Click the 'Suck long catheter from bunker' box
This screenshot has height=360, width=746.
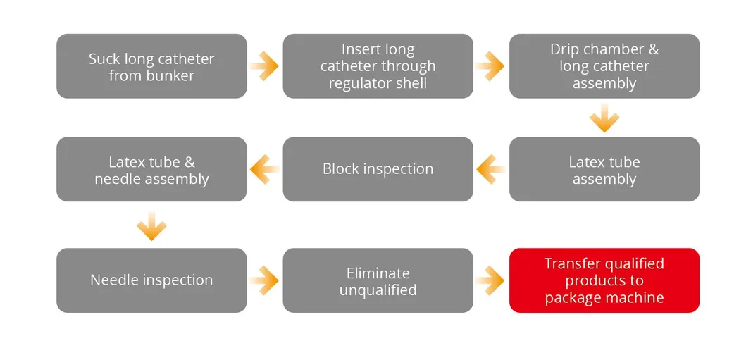point(151,66)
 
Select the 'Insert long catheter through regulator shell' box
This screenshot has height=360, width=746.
point(378,66)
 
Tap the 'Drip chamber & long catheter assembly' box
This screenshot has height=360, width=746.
point(604,66)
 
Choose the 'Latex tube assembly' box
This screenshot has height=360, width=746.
point(604,169)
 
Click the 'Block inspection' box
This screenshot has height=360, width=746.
point(378,169)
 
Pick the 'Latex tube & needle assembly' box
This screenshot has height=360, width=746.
point(151,169)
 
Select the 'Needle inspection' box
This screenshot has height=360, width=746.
point(151,280)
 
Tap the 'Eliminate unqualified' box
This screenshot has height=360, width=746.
point(378,280)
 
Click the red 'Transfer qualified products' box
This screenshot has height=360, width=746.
point(604,280)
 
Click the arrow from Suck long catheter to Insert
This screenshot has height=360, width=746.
point(265,66)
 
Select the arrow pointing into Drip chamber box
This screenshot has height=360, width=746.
point(490,66)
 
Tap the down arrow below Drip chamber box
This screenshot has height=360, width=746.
point(604,118)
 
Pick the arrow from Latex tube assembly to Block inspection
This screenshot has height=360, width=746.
point(490,169)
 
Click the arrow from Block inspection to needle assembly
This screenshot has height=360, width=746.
point(265,169)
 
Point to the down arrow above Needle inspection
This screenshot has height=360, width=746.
point(151,226)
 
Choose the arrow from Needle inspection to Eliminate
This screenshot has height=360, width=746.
point(265,280)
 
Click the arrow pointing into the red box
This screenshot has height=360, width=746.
point(490,280)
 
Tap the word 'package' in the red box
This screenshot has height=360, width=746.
point(571,297)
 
